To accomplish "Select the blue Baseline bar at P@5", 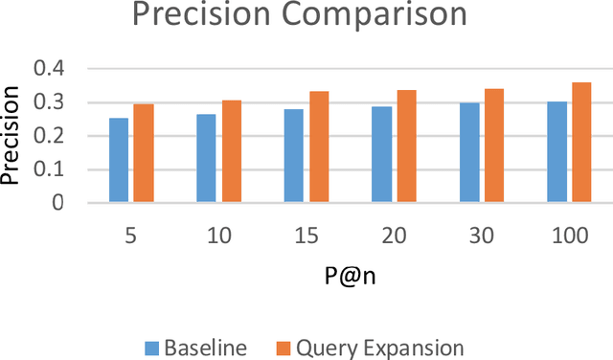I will pos(119,161).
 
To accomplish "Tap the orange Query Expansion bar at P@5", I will pos(144,153).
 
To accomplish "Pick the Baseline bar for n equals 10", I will pos(206,159).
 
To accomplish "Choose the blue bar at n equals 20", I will pos(381,155).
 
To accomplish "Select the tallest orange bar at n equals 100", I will pos(581,143).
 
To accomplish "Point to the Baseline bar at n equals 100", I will pos(556,152).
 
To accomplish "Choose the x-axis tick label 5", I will pos(131,234).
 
